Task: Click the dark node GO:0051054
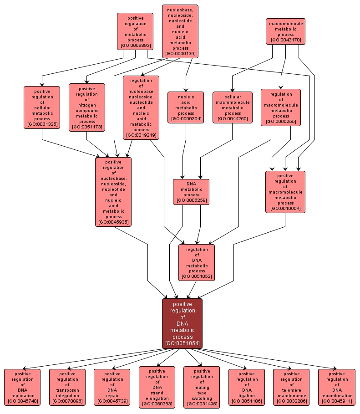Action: (x=182, y=323)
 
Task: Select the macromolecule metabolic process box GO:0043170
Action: (x=286, y=31)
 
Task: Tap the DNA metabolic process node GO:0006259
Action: (x=191, y=191)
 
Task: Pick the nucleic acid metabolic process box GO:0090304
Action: (x=186, y=107)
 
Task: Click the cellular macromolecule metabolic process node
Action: (x=232, y=107)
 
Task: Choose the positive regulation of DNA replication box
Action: (x=22, y=387)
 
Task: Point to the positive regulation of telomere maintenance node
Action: (x=291, y=387)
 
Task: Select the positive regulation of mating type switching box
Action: (x=202, y=387)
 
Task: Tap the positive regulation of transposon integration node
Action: (x=67, y=387)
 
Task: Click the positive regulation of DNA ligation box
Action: (x=247, y=387)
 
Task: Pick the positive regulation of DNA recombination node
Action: (x=336, y=387)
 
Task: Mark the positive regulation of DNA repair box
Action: (x=112, y=387)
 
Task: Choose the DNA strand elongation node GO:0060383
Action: (x=157, y=387)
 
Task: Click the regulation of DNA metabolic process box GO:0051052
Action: (x=197, y=262)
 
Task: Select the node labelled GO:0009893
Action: (x=136, y=31)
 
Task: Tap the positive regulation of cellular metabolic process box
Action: (x=42, y=107)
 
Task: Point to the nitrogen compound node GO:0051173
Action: (x=87, y=107)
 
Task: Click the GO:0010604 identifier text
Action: (x=285, y=209)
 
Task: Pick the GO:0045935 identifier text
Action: (x=113, y=222)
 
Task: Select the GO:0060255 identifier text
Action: (x=281, y=121)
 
